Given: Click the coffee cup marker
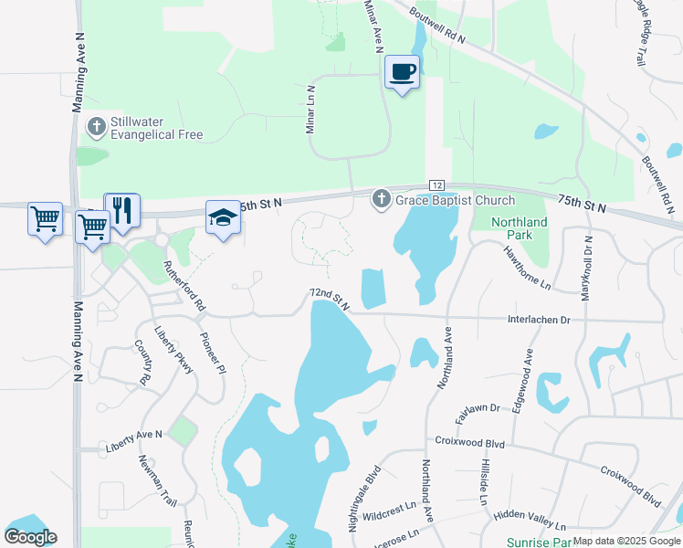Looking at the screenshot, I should tap(402, 71).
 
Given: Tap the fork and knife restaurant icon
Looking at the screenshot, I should tap(121, 210).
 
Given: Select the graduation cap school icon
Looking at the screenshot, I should tap(222, 217).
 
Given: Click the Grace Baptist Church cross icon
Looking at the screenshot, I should tap(381, 199).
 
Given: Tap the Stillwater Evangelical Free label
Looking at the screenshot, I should tap(155, 128).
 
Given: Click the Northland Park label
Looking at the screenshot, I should tap(519, 229).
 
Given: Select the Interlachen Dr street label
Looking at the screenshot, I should tap(539, 320).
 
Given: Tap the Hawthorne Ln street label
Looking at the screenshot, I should tap(527, 266).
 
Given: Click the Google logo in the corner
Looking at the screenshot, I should tap(30, 537).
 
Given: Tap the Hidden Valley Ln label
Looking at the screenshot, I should tap(529, 520).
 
